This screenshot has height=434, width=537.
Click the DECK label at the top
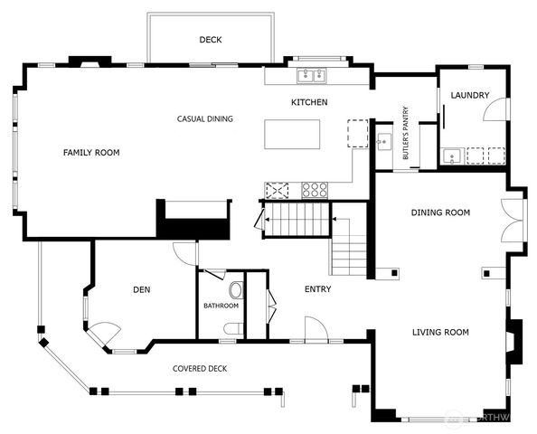click(x=211, y=40)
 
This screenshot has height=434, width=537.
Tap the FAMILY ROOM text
click(x=91, y=153)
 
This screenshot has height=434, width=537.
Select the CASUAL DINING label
click(x=204, y=118)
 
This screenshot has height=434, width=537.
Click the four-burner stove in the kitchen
click(x=315, y=190)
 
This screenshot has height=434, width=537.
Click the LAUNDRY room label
click(x=469, y=95)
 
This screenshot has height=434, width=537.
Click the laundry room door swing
click(x=495, y=109)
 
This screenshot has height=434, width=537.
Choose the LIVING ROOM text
click(x=440, y=333)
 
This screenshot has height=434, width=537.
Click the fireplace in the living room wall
click(x=514, y=342)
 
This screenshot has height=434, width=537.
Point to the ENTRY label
click(x=317, y=289)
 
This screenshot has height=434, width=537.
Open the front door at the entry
click(x=316, y=330)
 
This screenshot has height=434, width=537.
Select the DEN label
click(x=141, y=289)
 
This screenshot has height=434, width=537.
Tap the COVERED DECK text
click(x=200, y=369)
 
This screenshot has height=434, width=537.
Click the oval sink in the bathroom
click(x=237, y=290)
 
